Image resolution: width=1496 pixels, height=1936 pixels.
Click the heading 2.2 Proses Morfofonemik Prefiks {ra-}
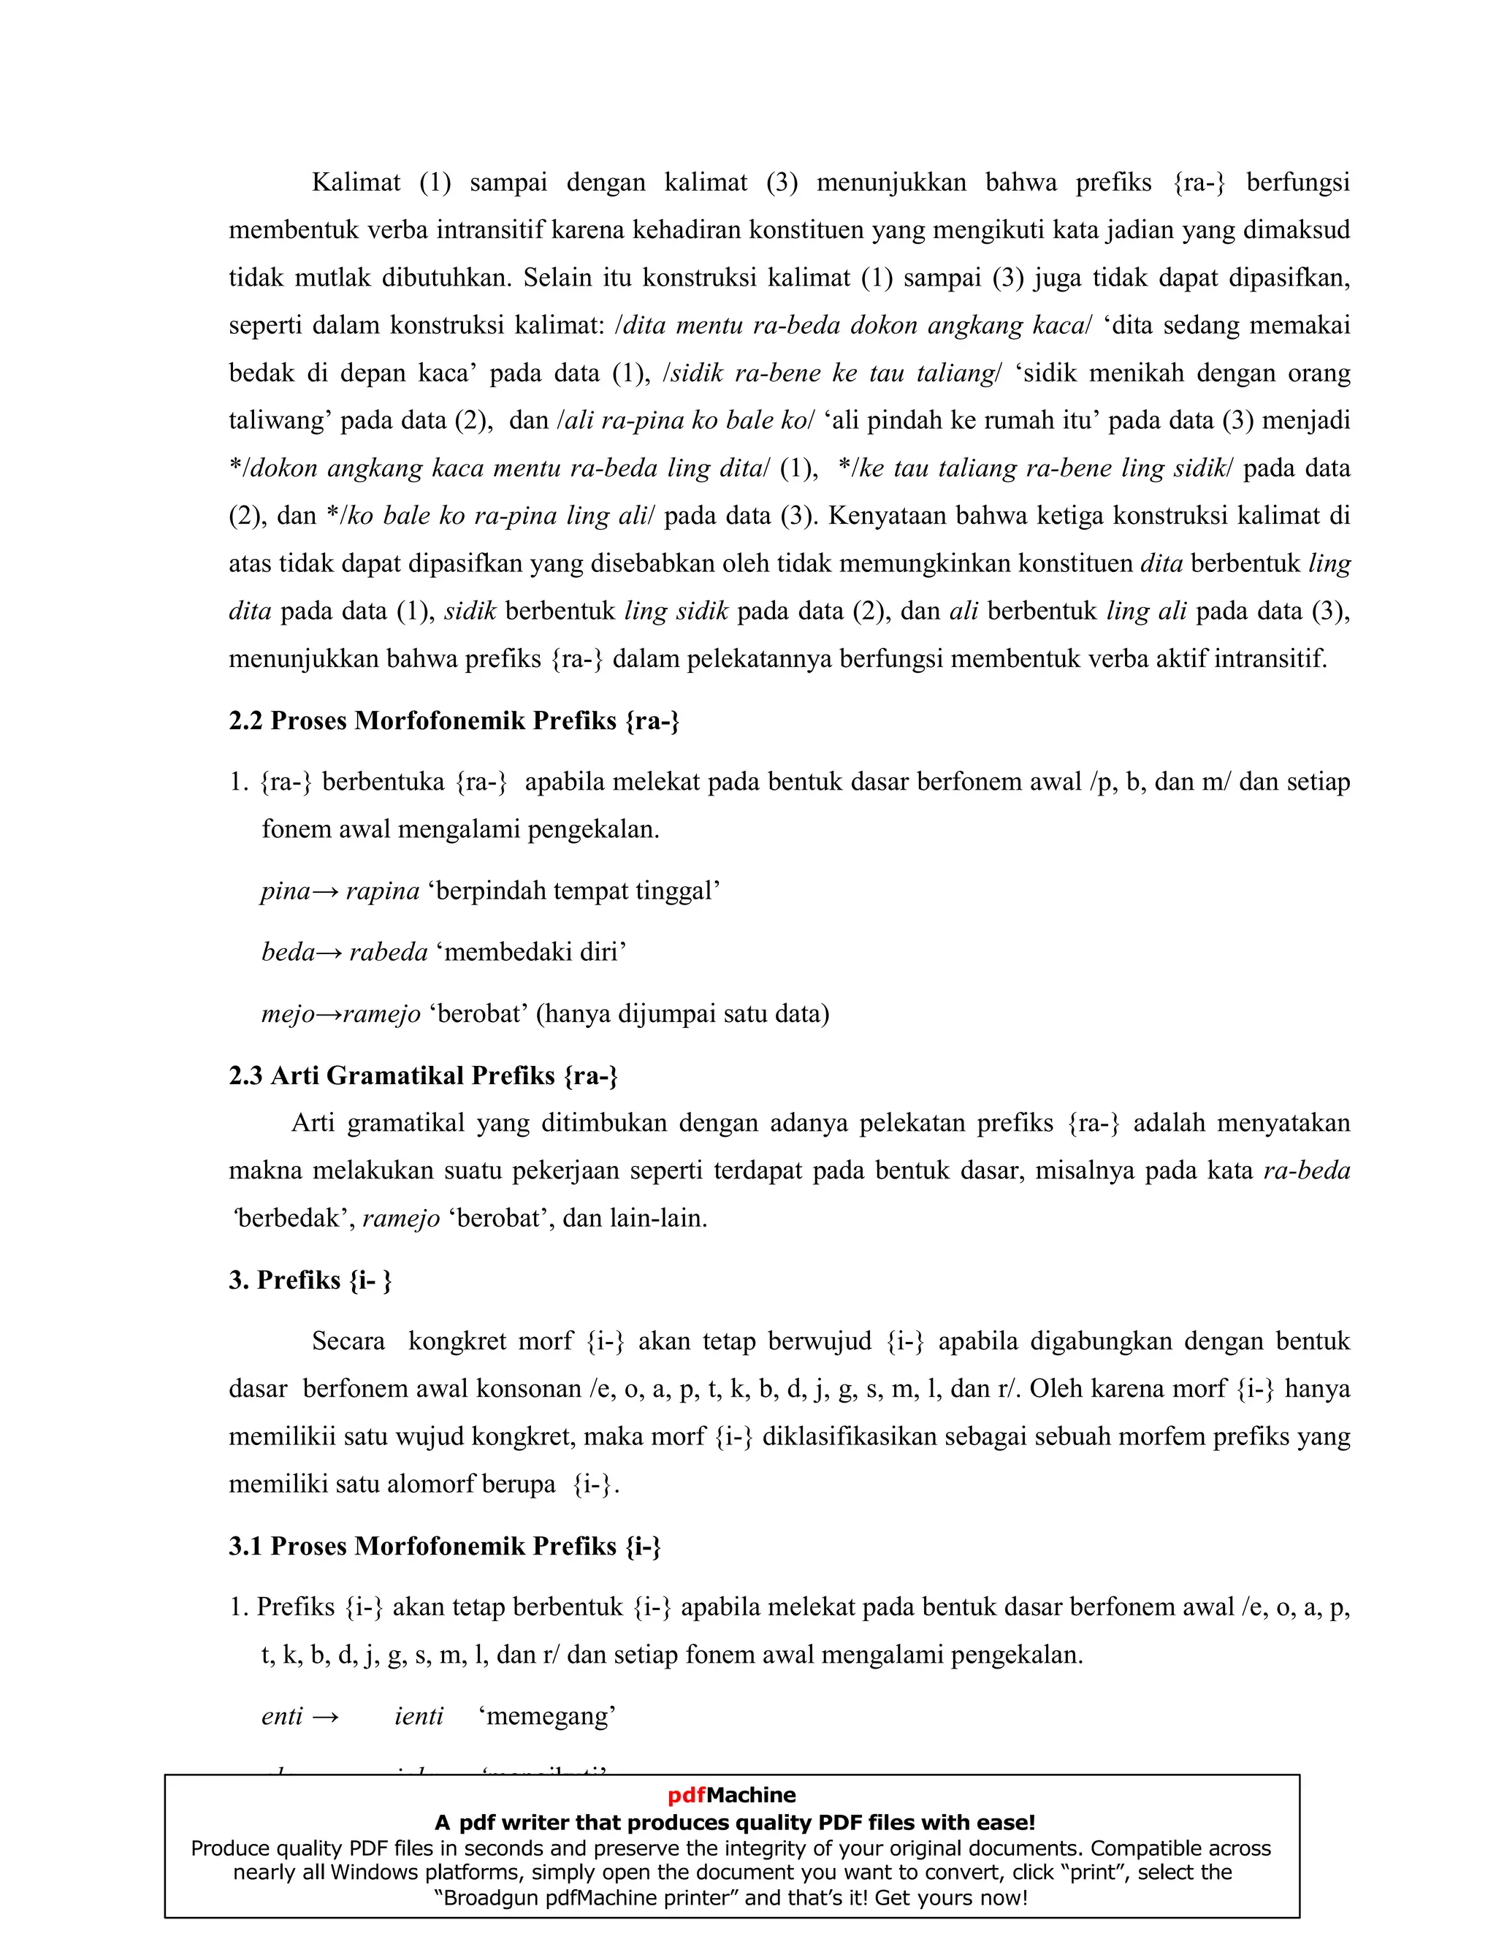click(454, 720)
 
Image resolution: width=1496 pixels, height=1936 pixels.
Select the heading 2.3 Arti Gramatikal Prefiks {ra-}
click(423, 1075)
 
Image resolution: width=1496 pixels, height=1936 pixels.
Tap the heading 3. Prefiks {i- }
click(310, 1280)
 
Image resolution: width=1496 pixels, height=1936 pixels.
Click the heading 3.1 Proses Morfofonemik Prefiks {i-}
click(445, 1546)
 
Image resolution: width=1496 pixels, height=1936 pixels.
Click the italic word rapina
click(383, 891)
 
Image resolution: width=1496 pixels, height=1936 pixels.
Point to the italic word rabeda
click(388, 952)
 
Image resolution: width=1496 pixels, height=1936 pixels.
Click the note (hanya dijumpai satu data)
click(682, 1013)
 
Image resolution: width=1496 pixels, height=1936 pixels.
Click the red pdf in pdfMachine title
click(687, 1796)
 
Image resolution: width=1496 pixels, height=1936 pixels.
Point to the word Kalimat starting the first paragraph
click(356, 183)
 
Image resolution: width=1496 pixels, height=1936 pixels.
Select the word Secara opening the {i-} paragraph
click(348, 1341)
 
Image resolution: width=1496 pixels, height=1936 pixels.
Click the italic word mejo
click(287, 1013)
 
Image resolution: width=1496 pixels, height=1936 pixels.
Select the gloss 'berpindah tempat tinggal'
click(574, 891)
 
